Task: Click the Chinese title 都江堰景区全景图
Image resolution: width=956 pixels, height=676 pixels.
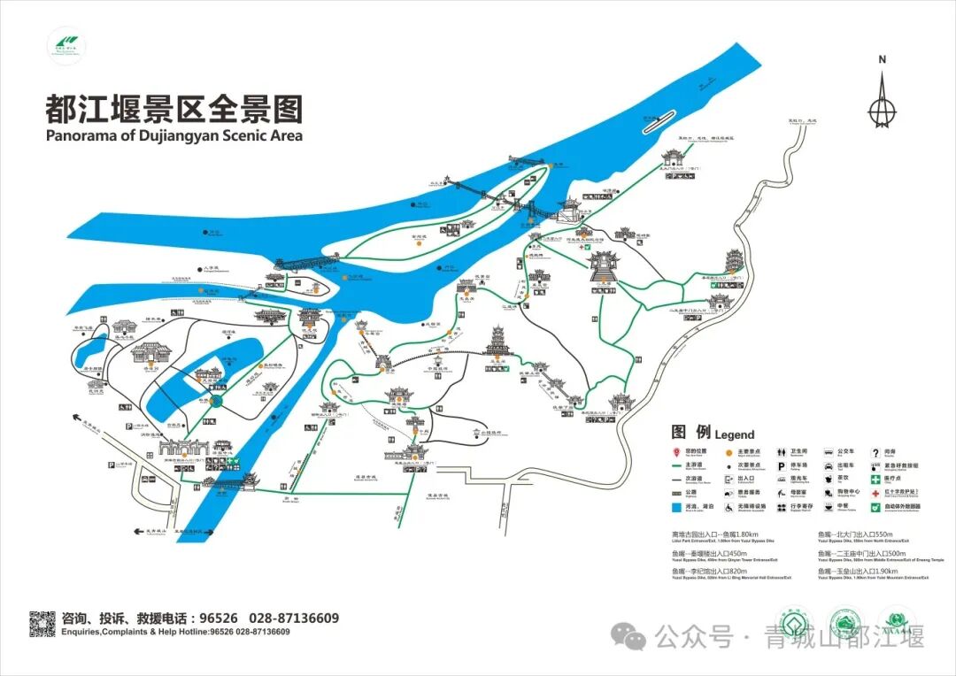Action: [x=173, y=109]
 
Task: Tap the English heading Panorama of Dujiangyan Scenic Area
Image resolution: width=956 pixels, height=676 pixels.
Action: [x=173, y=135]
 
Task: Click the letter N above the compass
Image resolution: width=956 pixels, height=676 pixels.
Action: [x=882, y=60]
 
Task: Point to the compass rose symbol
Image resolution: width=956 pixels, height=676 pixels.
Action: [x=882, y=102]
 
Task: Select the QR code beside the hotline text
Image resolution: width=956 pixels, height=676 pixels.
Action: [x=42, y=624]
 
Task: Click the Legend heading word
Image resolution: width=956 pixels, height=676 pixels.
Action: [x=735, y=434]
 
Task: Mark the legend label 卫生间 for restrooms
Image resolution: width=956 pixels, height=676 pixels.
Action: [x=801, y=452]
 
